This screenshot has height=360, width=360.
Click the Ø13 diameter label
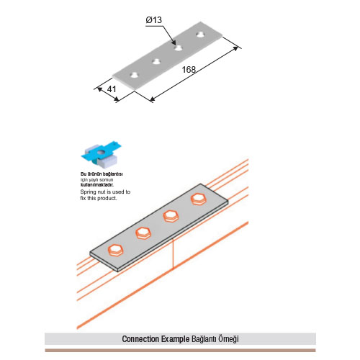pos(154,20)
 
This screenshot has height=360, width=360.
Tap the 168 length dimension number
pos(189,70)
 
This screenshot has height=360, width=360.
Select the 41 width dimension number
pos(112,89)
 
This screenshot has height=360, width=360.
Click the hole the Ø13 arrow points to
pos(178,48)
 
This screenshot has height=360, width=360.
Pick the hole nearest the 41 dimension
pos(135,75)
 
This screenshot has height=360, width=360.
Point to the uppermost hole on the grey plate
pos(200,35)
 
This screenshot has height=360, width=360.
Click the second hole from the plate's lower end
pos(156,62)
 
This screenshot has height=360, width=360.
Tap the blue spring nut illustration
pos(101,155)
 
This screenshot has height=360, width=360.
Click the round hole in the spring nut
pos(102,152)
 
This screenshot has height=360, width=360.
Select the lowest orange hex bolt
pos(116,251)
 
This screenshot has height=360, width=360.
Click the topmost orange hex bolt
pos(199,199)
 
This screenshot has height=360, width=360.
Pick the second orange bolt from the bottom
pos(143,233)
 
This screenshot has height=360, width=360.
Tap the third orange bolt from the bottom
pos(171,216)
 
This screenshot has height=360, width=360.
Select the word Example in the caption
pos(176,339)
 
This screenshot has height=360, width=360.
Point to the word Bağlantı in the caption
pos(204,339)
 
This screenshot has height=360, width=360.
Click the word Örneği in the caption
pos(228,339)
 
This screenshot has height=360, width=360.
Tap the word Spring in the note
pos(89,192)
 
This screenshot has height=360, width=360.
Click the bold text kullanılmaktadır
pos(97,185)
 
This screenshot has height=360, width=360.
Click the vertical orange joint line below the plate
pos(173,253)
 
